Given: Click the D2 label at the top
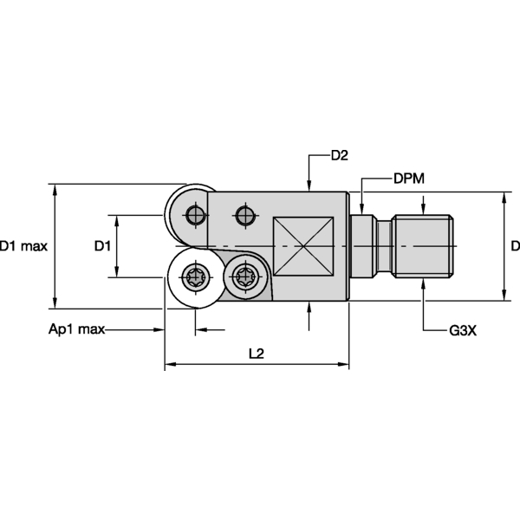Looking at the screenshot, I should pyautogui.click(x=339, y=156).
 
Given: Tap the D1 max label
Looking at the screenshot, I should pyautogui.click(x=23, y=246).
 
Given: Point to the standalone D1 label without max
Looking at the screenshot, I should pyautogui.click(x=102, y=246).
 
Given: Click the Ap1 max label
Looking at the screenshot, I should pyautogui.click(x=76, y=330).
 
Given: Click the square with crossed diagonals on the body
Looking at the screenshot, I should pyautogui.click(x=302, y=246).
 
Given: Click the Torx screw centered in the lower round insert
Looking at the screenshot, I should pyautogui.click(x=194, y=277).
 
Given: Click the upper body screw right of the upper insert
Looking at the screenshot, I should pyautogui.click(x=245, y=212).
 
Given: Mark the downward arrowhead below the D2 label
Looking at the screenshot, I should pyautogui.click(x=310, y=184).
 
